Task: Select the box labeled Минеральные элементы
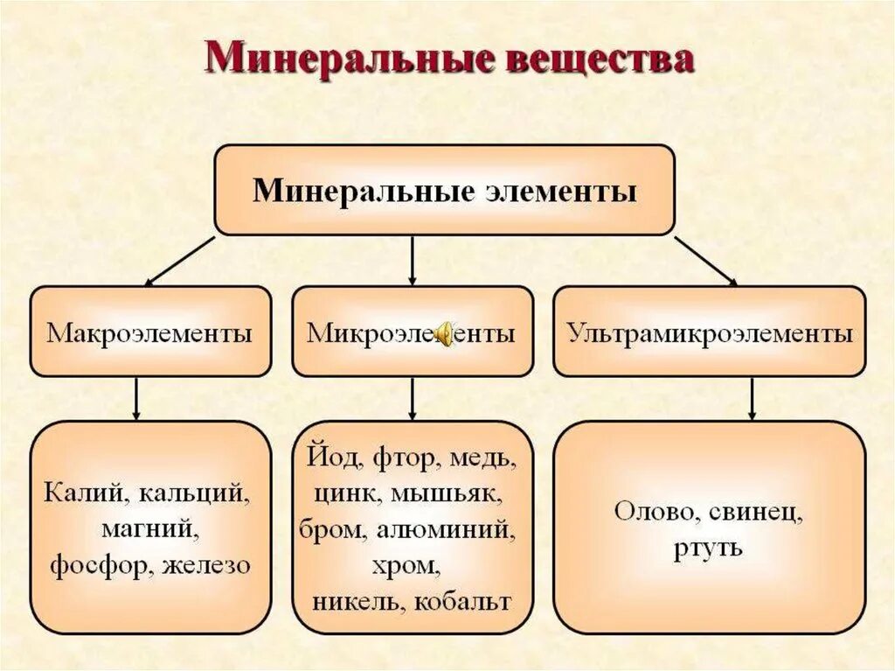click(x=444, y=191)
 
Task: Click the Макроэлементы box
click(x=150, y=332)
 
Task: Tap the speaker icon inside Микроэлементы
click(x=445, y=333)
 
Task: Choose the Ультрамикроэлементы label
click(x=709, y=332)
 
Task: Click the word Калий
click(x=80, y=493)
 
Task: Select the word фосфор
click(x=98, y=565)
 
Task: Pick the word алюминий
click(x=453, y=529)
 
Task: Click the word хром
click(x=413, y=565)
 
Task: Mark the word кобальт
click(x=462, y=602)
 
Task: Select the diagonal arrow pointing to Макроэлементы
click(x=179, y=261)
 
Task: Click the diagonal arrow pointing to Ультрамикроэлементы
click(x=705, y=261)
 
